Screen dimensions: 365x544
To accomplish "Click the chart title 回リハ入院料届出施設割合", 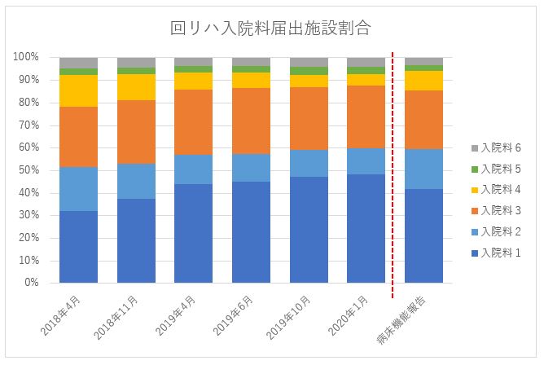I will [271, 28].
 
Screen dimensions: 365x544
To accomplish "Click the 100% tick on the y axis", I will [26, 57].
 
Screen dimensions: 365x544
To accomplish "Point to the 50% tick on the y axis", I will [29, 170].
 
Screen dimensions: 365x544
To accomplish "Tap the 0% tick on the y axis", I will [32, 283].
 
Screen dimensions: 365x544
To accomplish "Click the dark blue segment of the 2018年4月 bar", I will [78, 247].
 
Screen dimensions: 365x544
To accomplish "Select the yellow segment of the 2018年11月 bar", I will [136, 87].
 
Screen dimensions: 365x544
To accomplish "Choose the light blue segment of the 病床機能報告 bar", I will [423, 169].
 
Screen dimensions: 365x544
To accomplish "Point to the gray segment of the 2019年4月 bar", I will [194, 61].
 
